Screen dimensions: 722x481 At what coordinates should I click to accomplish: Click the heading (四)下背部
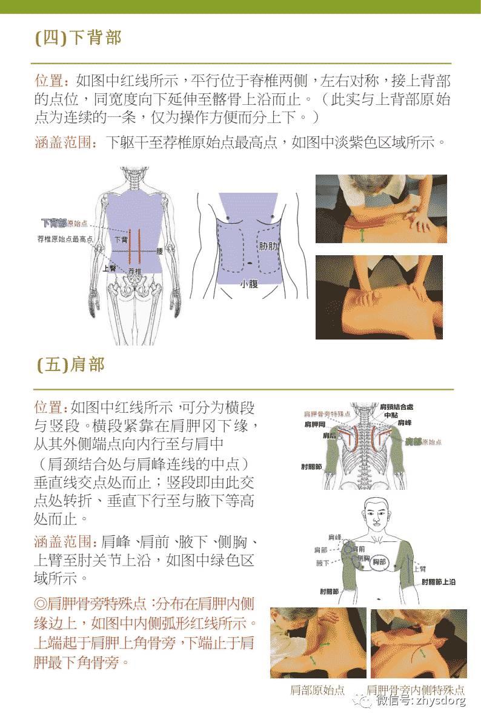[79, 38]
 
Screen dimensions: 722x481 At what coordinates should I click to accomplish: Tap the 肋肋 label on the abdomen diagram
[269, 247]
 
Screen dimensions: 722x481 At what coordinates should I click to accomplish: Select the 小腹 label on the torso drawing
[248, 284]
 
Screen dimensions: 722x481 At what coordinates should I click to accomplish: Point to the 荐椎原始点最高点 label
[65, 239]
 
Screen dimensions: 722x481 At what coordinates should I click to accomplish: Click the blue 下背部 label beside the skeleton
[53, 223]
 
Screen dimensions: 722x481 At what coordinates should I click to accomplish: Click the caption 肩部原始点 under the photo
[317, 690]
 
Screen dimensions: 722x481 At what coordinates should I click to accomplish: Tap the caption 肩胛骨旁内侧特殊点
[416, 690]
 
